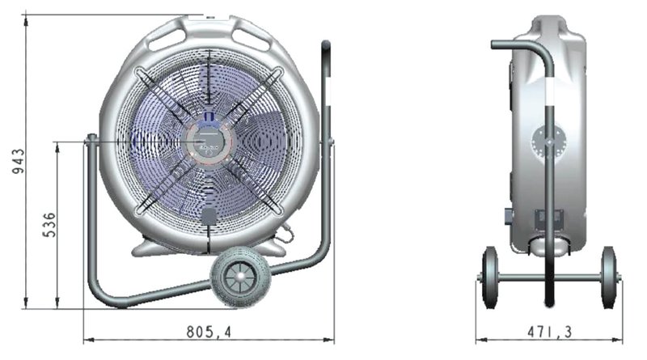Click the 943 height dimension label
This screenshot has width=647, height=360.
tap(18, 162)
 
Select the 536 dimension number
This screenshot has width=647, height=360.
tap(49, 225)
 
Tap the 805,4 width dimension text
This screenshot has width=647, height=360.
tap(209, 332)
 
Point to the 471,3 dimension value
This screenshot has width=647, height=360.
tap(550, 332)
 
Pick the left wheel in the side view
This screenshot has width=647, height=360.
tap(490, 277)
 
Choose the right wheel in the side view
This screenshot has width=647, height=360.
tap(609, 277)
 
